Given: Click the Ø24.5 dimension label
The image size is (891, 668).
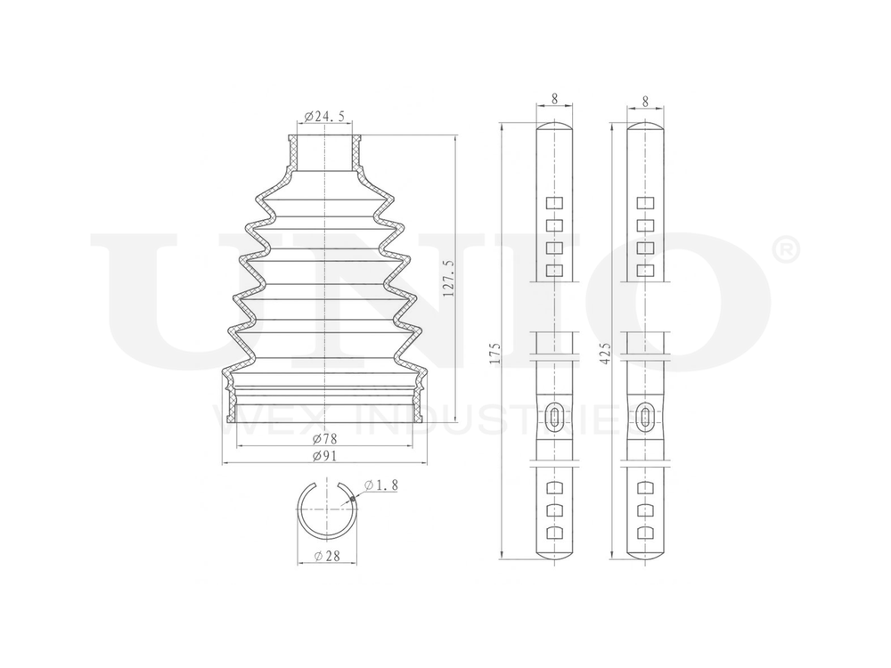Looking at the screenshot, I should pyautogui.click(x=325, y=117).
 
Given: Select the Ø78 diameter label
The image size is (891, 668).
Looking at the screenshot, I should pyautogui.click(x=324, y=439).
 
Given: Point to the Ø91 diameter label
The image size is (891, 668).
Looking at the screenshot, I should pyautogui.click(x=324, y=455).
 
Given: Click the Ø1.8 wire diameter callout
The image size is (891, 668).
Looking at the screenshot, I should pyautogui.click(x=381, y=485).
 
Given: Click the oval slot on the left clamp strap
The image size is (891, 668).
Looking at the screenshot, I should pyautogui.click(x=554, y=415).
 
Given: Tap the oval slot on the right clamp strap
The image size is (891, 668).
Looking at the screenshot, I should pyautogui.click(x=644, y=415).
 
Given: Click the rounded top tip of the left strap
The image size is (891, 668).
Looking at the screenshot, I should pyautogui.click(x=554, y=127).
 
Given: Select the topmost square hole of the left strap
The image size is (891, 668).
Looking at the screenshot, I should pyautogui.click(x=554, y=201).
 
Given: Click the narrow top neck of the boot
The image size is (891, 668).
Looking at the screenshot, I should pyautogui.click(x=325, y=151).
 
